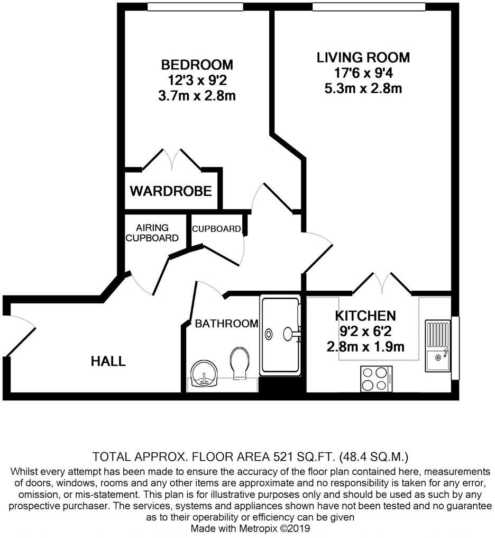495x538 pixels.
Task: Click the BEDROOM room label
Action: (x=197, y=65)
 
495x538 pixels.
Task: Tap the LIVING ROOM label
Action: (x=363, y=57)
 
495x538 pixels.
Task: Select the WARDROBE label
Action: (x=171, y=191)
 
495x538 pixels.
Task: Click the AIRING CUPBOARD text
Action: (x=152, y=233)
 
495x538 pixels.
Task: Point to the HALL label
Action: (x=108, y=362)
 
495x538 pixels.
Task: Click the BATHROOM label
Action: (x=226, y=324)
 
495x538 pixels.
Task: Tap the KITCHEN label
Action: (x=365, y=316)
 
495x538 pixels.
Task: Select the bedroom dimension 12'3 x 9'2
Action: (x=197, y=80)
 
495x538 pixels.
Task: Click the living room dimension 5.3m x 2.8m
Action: (x=363, y=88)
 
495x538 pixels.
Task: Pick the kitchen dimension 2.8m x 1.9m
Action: (x=365, y=347)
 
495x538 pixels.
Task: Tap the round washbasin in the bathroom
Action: (x=204, y=374)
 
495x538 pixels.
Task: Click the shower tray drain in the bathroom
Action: (x=269, y=334)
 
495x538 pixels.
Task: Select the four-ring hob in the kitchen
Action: (x=376, y=379)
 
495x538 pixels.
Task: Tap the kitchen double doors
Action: (x=382, y=283)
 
